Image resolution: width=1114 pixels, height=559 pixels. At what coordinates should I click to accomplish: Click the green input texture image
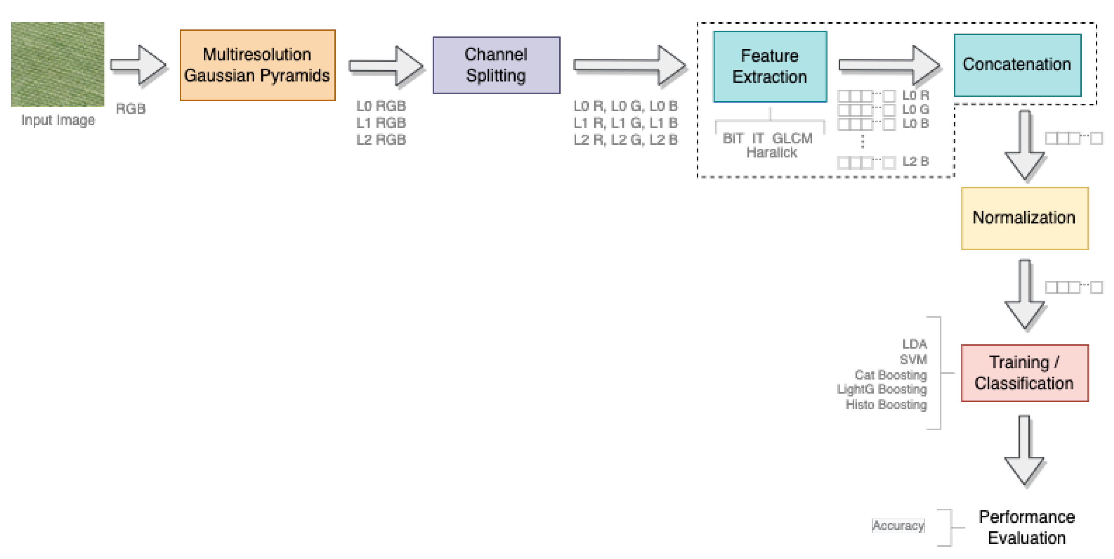58,64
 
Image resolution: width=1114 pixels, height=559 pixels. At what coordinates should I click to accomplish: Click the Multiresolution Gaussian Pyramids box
257,65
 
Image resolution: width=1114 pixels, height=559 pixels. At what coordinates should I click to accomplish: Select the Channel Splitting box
496,65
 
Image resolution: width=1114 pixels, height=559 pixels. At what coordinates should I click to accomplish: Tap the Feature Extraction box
770,66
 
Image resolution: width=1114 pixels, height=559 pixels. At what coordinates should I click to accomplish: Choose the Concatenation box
1017,65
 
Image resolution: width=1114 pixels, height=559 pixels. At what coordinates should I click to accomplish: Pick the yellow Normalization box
1024,218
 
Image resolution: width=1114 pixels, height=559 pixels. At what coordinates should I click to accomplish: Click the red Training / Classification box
1024,373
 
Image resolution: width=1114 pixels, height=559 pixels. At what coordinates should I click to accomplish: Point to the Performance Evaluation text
1027,527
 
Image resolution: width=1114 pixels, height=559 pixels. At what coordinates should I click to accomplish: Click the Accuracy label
898,525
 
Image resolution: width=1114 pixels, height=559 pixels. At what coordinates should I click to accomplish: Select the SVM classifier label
913,359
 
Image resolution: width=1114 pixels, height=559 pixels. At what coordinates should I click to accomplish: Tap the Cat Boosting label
891,374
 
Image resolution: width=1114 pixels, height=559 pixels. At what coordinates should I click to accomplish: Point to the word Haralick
771,153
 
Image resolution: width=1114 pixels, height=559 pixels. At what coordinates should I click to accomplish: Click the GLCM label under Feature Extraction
792,139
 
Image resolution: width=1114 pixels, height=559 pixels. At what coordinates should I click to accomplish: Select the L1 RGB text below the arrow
381,123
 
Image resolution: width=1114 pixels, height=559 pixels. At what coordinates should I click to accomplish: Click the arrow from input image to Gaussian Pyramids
138,65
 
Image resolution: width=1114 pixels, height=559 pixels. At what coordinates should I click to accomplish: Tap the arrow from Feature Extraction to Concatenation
889,65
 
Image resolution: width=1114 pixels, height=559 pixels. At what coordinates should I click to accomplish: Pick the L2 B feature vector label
916,161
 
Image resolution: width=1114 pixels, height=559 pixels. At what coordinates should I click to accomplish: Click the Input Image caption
58,120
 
